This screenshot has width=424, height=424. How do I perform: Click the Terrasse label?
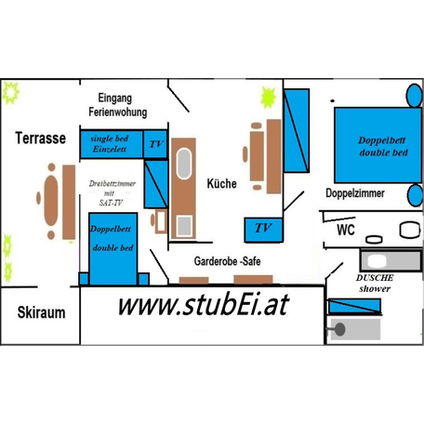click(x=41, y=138)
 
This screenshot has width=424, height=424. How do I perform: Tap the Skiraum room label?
click(x=41, y=312)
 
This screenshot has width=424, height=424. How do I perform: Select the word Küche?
click(x=221, y=183)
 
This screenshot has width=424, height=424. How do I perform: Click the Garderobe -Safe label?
click(x=227, y=261)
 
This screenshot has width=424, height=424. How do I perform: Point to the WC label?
click(x=346, y=230)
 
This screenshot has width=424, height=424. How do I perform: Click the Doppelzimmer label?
click(x=355, y=193)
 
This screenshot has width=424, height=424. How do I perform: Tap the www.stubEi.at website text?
click(x=204, y=305)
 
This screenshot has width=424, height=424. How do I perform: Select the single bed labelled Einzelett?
click(x=112, y=144)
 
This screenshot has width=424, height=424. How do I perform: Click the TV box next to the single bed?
click(x=155, y=144)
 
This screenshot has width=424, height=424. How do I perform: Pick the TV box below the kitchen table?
click(x=263, y=230)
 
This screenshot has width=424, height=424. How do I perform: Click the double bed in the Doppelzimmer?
click(x=378, y=145)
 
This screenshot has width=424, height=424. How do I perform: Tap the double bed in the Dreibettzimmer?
click(x=113, y=248)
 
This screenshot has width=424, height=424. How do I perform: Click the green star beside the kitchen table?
click(x=268, y=98)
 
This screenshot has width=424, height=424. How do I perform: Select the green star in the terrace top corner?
click(x=11, y=92)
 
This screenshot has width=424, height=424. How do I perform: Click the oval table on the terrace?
click(x=51, y=201)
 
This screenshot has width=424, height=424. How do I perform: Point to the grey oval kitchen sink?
click(x=184, y=164)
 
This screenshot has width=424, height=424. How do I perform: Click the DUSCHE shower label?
click(x=375, y=283)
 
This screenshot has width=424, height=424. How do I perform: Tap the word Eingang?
click(x=115, y=98)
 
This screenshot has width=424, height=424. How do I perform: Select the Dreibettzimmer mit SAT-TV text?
click(x=112, y=192)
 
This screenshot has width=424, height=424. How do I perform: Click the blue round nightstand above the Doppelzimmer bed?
click(x=414, y=95)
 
